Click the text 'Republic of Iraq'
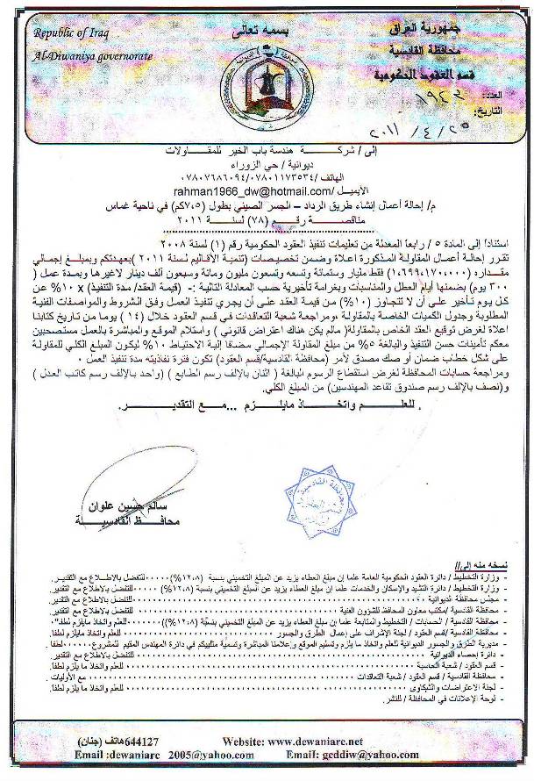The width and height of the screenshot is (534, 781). pos(75,32)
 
